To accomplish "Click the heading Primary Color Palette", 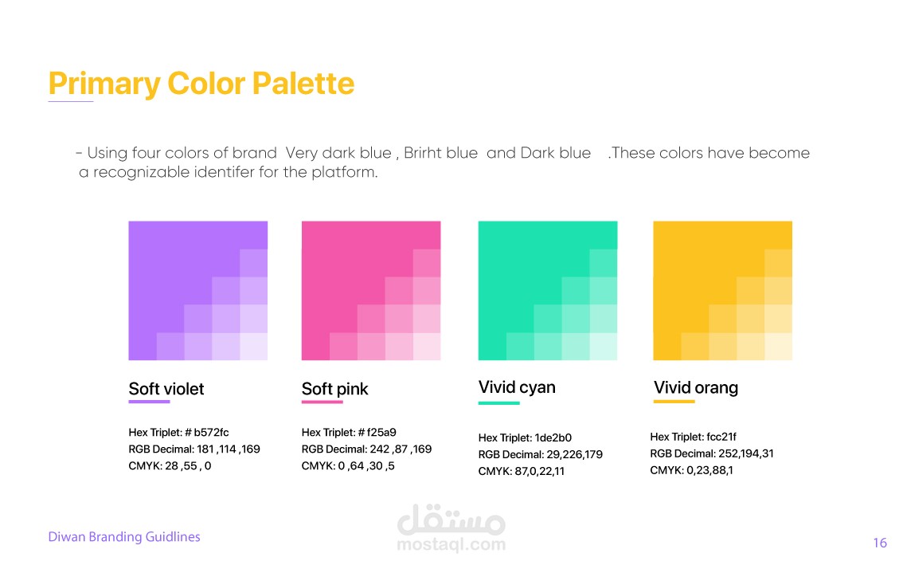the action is [x=201, y=84].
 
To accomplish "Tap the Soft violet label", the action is [x=166, y=389].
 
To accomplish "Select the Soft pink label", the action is [x=334, y=389].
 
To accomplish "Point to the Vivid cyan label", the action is [x=517, y=387].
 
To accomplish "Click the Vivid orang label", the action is [x=696, y=387].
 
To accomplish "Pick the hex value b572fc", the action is [x=211, y=433].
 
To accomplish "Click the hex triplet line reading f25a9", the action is [x=349, y=433].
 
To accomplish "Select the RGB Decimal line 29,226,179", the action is [x=540, y=454].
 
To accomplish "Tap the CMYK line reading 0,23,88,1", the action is [x=692, y=470].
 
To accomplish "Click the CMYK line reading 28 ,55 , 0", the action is [x=170, y=466].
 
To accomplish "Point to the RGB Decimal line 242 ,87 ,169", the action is [x=366, y=449].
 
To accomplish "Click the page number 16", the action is [x=880, y=543].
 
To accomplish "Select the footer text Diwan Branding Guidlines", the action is [x=124, y=537].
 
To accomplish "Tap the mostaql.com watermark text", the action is [x=451, y=544].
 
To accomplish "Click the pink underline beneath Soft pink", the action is [x=322, y=402].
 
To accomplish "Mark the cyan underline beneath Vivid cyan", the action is [x=499, y=403].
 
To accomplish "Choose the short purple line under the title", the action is [x=71, y=101].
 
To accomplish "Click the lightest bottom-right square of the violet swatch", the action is [x=254, y=347].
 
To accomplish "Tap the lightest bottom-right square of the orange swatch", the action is [x=779, y=347].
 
